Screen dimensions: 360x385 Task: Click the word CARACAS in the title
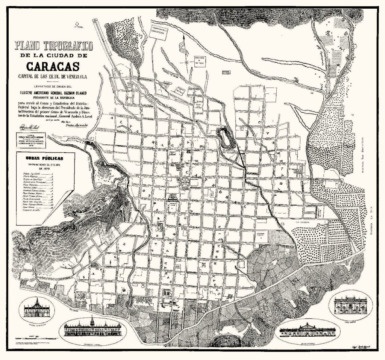[53, 67]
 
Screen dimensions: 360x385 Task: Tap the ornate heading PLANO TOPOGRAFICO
[53, 46]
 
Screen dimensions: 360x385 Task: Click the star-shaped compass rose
[186, 61]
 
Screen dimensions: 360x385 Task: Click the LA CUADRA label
[302, 222]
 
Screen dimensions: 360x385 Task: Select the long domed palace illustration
[307, 330]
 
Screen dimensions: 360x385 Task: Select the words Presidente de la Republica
[53, 96]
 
